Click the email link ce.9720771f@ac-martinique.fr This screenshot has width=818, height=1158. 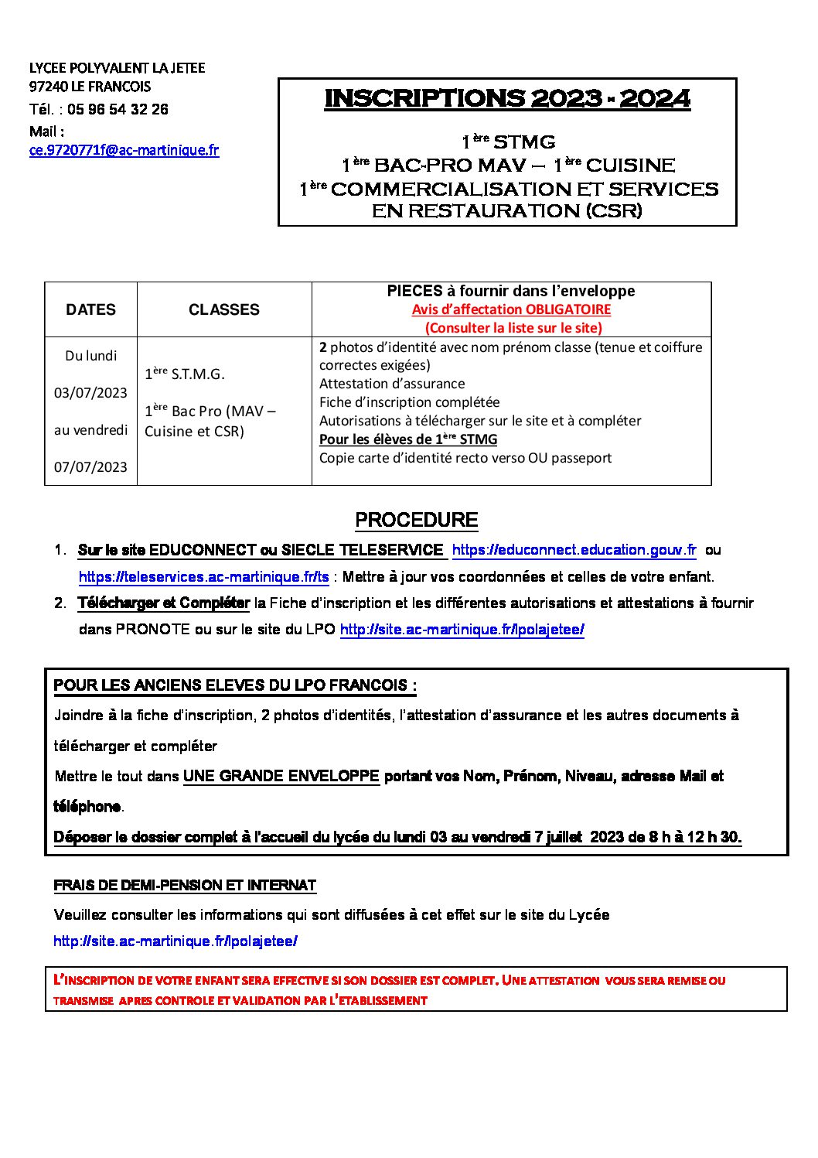tap(124, 151)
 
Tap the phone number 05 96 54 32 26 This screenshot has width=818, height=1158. tap(118, 109)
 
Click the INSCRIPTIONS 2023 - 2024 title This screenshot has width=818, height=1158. tap(507, 99)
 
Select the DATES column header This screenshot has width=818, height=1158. tap(90, 309)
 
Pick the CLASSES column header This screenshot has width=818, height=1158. tap(224, 309)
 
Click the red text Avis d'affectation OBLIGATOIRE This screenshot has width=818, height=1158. tap(511, 309)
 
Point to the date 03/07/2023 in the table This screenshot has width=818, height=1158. tap(90, 393)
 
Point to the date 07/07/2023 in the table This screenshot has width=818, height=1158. tap(90, 467)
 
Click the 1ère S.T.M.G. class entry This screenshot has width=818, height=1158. tap(185, 374)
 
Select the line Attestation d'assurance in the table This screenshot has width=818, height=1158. tap(392, 384)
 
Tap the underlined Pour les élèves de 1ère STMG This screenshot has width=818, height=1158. tap(408, 439)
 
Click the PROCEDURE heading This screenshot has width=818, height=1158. tap(416, 521)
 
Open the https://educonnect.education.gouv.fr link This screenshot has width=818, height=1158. tap(574, 550)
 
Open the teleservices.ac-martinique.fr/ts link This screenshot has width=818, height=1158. tap(204, 577)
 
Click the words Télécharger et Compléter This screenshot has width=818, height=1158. tap(163, 603)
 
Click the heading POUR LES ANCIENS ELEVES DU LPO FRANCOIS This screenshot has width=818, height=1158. tap(235, 685)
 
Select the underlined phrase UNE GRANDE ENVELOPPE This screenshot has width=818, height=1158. tap(281, 777)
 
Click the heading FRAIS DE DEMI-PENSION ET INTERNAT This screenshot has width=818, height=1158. tap(185, 885)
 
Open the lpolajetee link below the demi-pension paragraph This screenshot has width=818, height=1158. tap(176, 941)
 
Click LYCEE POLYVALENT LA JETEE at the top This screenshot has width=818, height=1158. tap(118, 68)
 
